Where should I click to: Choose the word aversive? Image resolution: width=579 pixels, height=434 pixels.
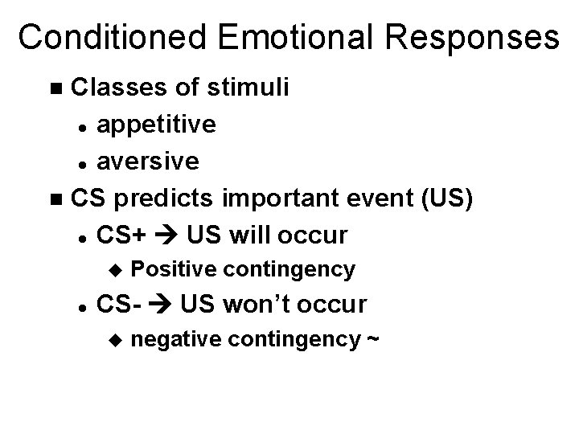coord(147,161)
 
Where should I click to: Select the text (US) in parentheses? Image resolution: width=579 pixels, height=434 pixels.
coord(444,198)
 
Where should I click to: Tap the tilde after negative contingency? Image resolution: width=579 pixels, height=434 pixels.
coord(372,339)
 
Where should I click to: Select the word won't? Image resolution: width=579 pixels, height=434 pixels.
coord(259,305)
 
